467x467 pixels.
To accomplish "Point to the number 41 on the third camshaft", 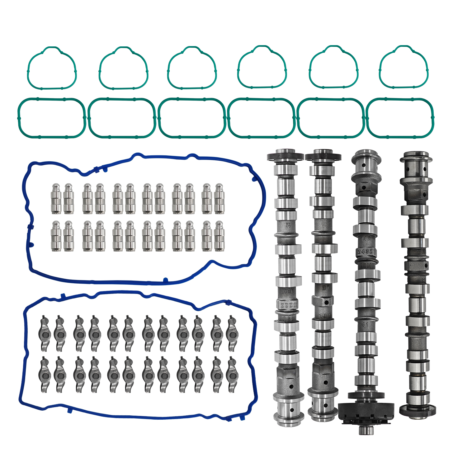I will [365, 325].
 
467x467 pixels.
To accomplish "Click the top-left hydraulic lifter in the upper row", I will [56, 199].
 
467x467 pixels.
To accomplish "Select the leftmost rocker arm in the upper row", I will [45, 333].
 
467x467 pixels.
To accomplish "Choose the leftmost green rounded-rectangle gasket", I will [51, 118].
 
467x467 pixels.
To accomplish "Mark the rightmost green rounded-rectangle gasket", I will [400, 118].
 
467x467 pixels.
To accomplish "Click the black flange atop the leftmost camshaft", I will [285, 156].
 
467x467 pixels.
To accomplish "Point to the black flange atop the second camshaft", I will [323, 156].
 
